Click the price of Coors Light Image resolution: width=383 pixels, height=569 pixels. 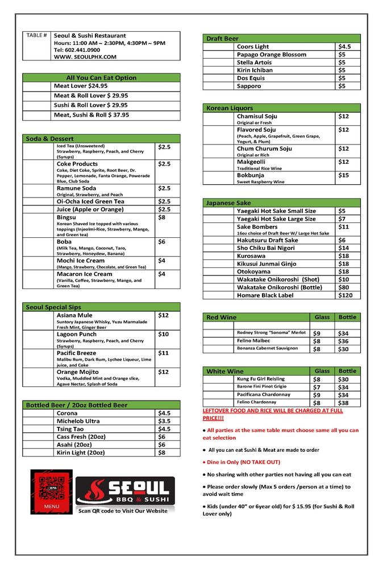point(344,47)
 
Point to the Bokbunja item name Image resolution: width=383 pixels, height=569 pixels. point(250,175)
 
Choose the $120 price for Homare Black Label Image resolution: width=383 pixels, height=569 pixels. point(345,295)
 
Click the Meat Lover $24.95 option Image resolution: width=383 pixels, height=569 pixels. point(81,86)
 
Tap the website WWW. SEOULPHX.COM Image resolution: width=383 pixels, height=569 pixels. point(85,57)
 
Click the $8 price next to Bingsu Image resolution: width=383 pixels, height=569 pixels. point(161,217)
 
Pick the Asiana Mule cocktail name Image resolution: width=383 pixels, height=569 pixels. point(74,315)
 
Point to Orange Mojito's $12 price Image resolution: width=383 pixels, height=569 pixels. point(163,372)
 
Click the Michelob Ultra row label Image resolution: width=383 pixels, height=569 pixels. point(78,421)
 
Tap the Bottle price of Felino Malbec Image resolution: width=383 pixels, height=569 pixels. point(343,341)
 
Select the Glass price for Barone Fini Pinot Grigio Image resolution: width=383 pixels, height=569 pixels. point(317,387)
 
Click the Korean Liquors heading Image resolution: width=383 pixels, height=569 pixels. point(230,108)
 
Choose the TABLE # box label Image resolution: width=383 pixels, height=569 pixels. point(37,36)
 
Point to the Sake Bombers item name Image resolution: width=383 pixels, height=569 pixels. point(257,226)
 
